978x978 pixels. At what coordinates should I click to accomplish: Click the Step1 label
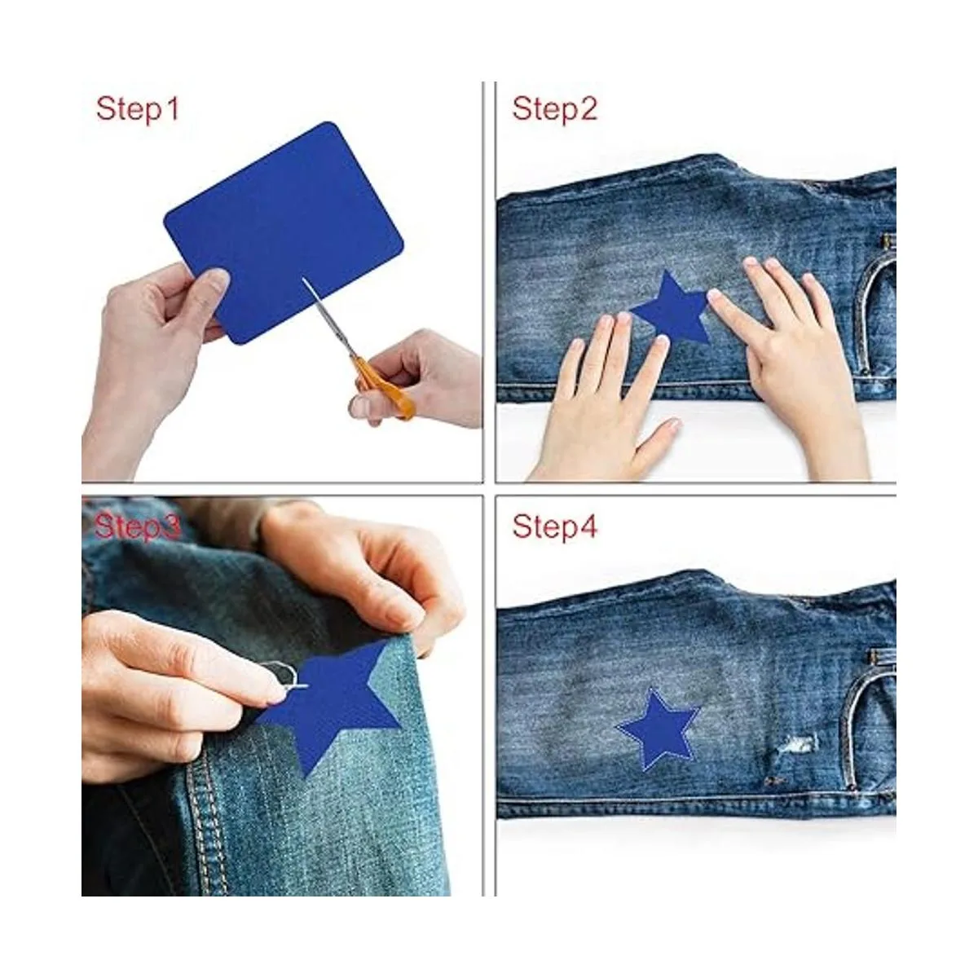coord(138,109)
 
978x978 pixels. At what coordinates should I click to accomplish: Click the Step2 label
coord(554,109)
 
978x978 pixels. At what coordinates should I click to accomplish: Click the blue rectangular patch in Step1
coord(284,233)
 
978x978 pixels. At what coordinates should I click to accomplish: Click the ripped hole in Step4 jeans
coord(800,743)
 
